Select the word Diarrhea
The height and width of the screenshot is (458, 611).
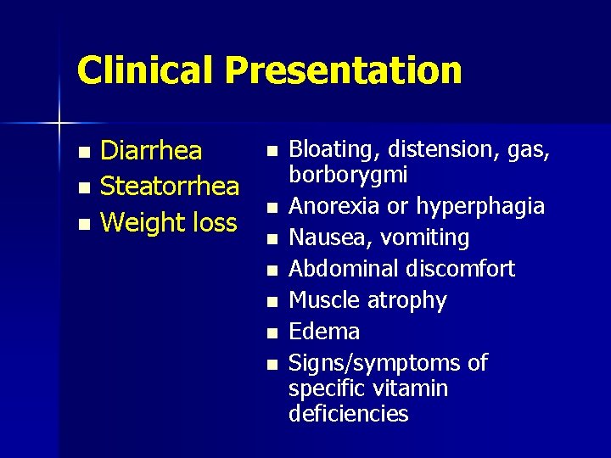click(x=151, y=151)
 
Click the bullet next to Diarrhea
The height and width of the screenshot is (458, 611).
click(x=82, y=153)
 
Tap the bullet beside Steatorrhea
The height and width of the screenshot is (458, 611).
click(x=82, y=187)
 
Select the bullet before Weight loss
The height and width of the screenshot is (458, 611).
click(x=82, y=224)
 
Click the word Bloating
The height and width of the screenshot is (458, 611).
click(x=333, y=151)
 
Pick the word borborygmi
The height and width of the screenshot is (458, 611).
click(x=348, y=176)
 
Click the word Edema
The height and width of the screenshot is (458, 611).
click(x=324, y=332)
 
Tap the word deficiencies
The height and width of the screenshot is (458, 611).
click(x=348, y=414)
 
